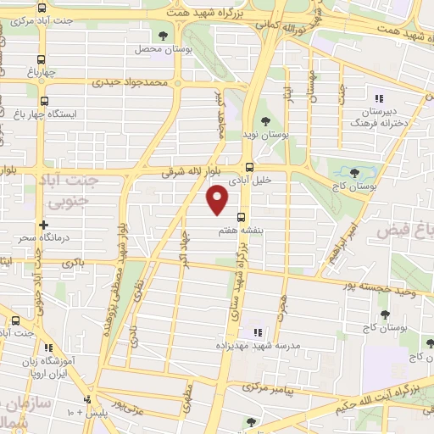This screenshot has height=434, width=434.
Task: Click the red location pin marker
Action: point(218,200)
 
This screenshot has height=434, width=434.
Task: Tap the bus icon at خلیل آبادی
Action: point(248,167)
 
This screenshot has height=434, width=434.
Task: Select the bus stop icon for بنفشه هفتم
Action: point(242,216)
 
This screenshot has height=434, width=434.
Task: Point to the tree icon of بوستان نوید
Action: point(264,121)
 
